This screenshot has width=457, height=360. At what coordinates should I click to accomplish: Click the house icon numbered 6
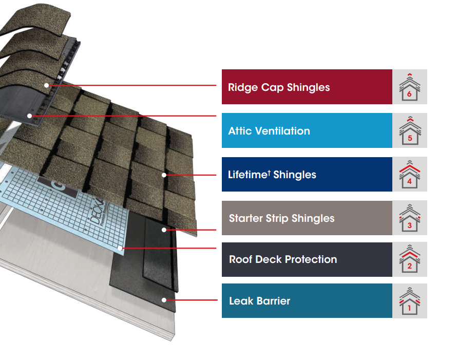tap(409, 87)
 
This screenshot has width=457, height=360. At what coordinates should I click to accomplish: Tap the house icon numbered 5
tap(409, 130)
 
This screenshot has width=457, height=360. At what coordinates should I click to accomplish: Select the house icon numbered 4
tap(409, 175)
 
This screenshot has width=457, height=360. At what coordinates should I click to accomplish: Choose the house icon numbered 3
tap(409, 218)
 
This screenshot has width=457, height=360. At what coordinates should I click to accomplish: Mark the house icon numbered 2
tap(409, 259)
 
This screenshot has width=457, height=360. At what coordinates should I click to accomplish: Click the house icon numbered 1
tap(409, 300)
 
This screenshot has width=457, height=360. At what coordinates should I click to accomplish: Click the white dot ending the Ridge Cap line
tap(46, 85)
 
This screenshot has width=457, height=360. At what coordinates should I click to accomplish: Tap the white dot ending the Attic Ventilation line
tap(30, 116)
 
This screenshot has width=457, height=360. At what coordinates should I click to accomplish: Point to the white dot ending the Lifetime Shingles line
tap(164, 175)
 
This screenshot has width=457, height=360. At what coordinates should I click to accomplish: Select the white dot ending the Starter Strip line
tap(164, 230)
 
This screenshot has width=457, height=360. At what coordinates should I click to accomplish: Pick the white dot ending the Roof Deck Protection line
tap(121, 248)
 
